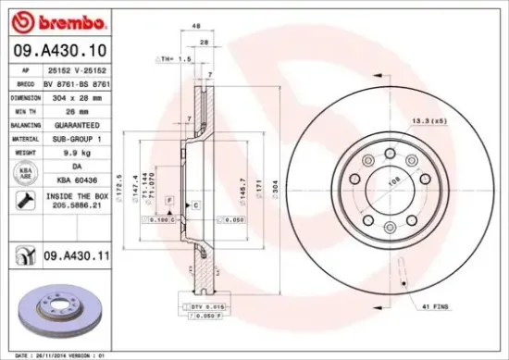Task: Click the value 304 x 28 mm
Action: (x=73, y=95)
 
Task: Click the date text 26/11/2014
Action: (x=54, y=354)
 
